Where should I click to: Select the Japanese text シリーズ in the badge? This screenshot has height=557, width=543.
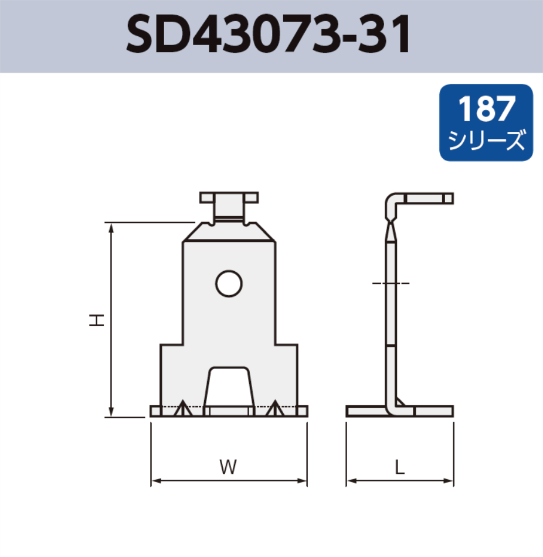click(486, 141)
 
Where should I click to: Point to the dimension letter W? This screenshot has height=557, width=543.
click(228, 467)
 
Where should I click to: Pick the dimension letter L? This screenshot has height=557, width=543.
click(399, 467)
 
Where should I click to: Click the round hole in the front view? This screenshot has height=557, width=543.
click(228, 284)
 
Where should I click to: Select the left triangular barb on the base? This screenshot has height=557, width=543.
click(183, 409)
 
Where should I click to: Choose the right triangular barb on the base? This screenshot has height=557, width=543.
click(274, 409)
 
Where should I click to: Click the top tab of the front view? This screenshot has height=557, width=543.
click(229, 197)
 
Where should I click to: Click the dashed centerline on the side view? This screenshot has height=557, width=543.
click(391, 283)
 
